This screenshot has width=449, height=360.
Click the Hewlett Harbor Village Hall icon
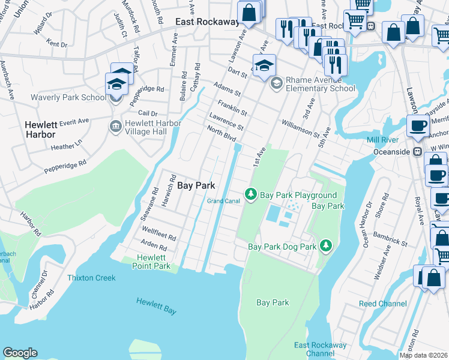115,126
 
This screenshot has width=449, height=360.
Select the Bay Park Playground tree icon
250,195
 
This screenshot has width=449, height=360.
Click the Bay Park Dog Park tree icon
325,246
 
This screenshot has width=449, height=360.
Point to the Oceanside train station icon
415,152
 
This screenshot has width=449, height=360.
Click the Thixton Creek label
91,278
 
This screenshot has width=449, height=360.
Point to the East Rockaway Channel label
320,349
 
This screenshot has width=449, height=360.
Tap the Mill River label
383,140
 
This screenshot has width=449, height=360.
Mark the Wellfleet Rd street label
158,233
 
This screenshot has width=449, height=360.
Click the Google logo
20,353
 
